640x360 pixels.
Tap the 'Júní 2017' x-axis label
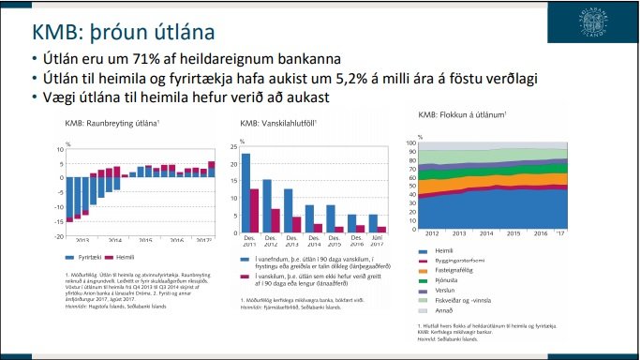(373, 244)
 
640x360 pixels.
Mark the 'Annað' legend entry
(444, 309)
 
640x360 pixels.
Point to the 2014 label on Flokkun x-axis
(486, 232)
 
